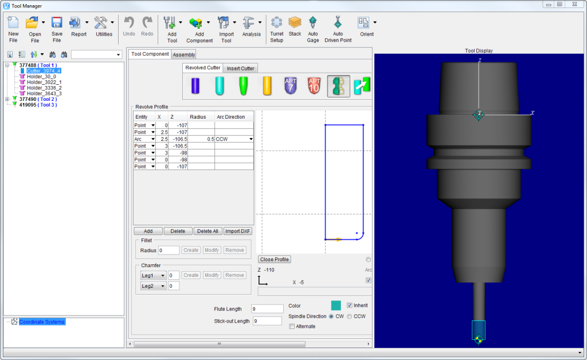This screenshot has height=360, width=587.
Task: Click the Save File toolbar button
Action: point(57,29)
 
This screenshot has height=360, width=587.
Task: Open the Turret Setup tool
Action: point(277,29)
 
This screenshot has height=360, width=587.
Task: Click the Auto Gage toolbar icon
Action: point(312,29)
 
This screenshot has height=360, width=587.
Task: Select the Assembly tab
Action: point(184,54)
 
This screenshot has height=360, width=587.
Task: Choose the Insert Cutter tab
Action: point(240,68)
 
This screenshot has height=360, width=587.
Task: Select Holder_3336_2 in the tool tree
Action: point(44,88)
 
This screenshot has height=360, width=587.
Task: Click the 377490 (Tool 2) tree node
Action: point(38,99)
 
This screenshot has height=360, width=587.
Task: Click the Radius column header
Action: point(198,117)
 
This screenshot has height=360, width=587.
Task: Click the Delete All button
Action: point(207,231)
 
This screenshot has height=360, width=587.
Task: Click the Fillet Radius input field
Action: point(169,251)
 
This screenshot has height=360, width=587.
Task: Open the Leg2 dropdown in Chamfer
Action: point(154,286)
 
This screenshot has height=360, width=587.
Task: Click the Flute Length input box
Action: point(268,309)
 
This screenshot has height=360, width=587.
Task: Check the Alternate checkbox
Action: point(292,326)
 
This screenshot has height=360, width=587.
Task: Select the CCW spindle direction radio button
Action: point(350,316)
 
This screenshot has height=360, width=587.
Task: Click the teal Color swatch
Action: point(336,306)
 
